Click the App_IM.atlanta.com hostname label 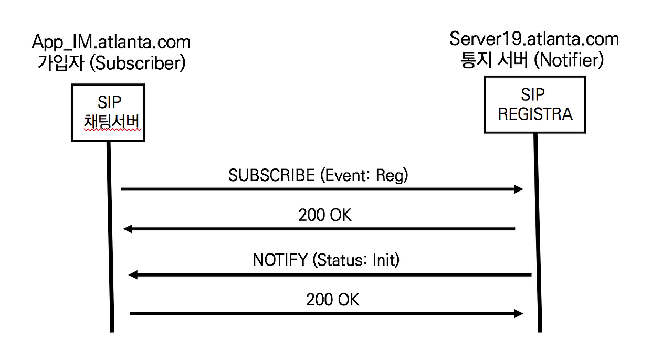tap(111, 41)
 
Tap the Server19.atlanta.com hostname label tap(534, 39)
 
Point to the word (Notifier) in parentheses tap(569, 61)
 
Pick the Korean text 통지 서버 tap(495, 61)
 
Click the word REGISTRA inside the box tap(535, 114)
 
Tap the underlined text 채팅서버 tap(108, 122)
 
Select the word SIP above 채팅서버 tap(109, 102)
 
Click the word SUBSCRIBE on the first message tap(271, 175)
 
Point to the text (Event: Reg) tap(364, 175)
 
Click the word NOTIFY tap(279, 260)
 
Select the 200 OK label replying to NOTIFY tap(333, 300)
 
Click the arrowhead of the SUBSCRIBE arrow tap(519, 189)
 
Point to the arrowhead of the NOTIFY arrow tap(133, 274)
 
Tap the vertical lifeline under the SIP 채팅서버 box tap(110, 236)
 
